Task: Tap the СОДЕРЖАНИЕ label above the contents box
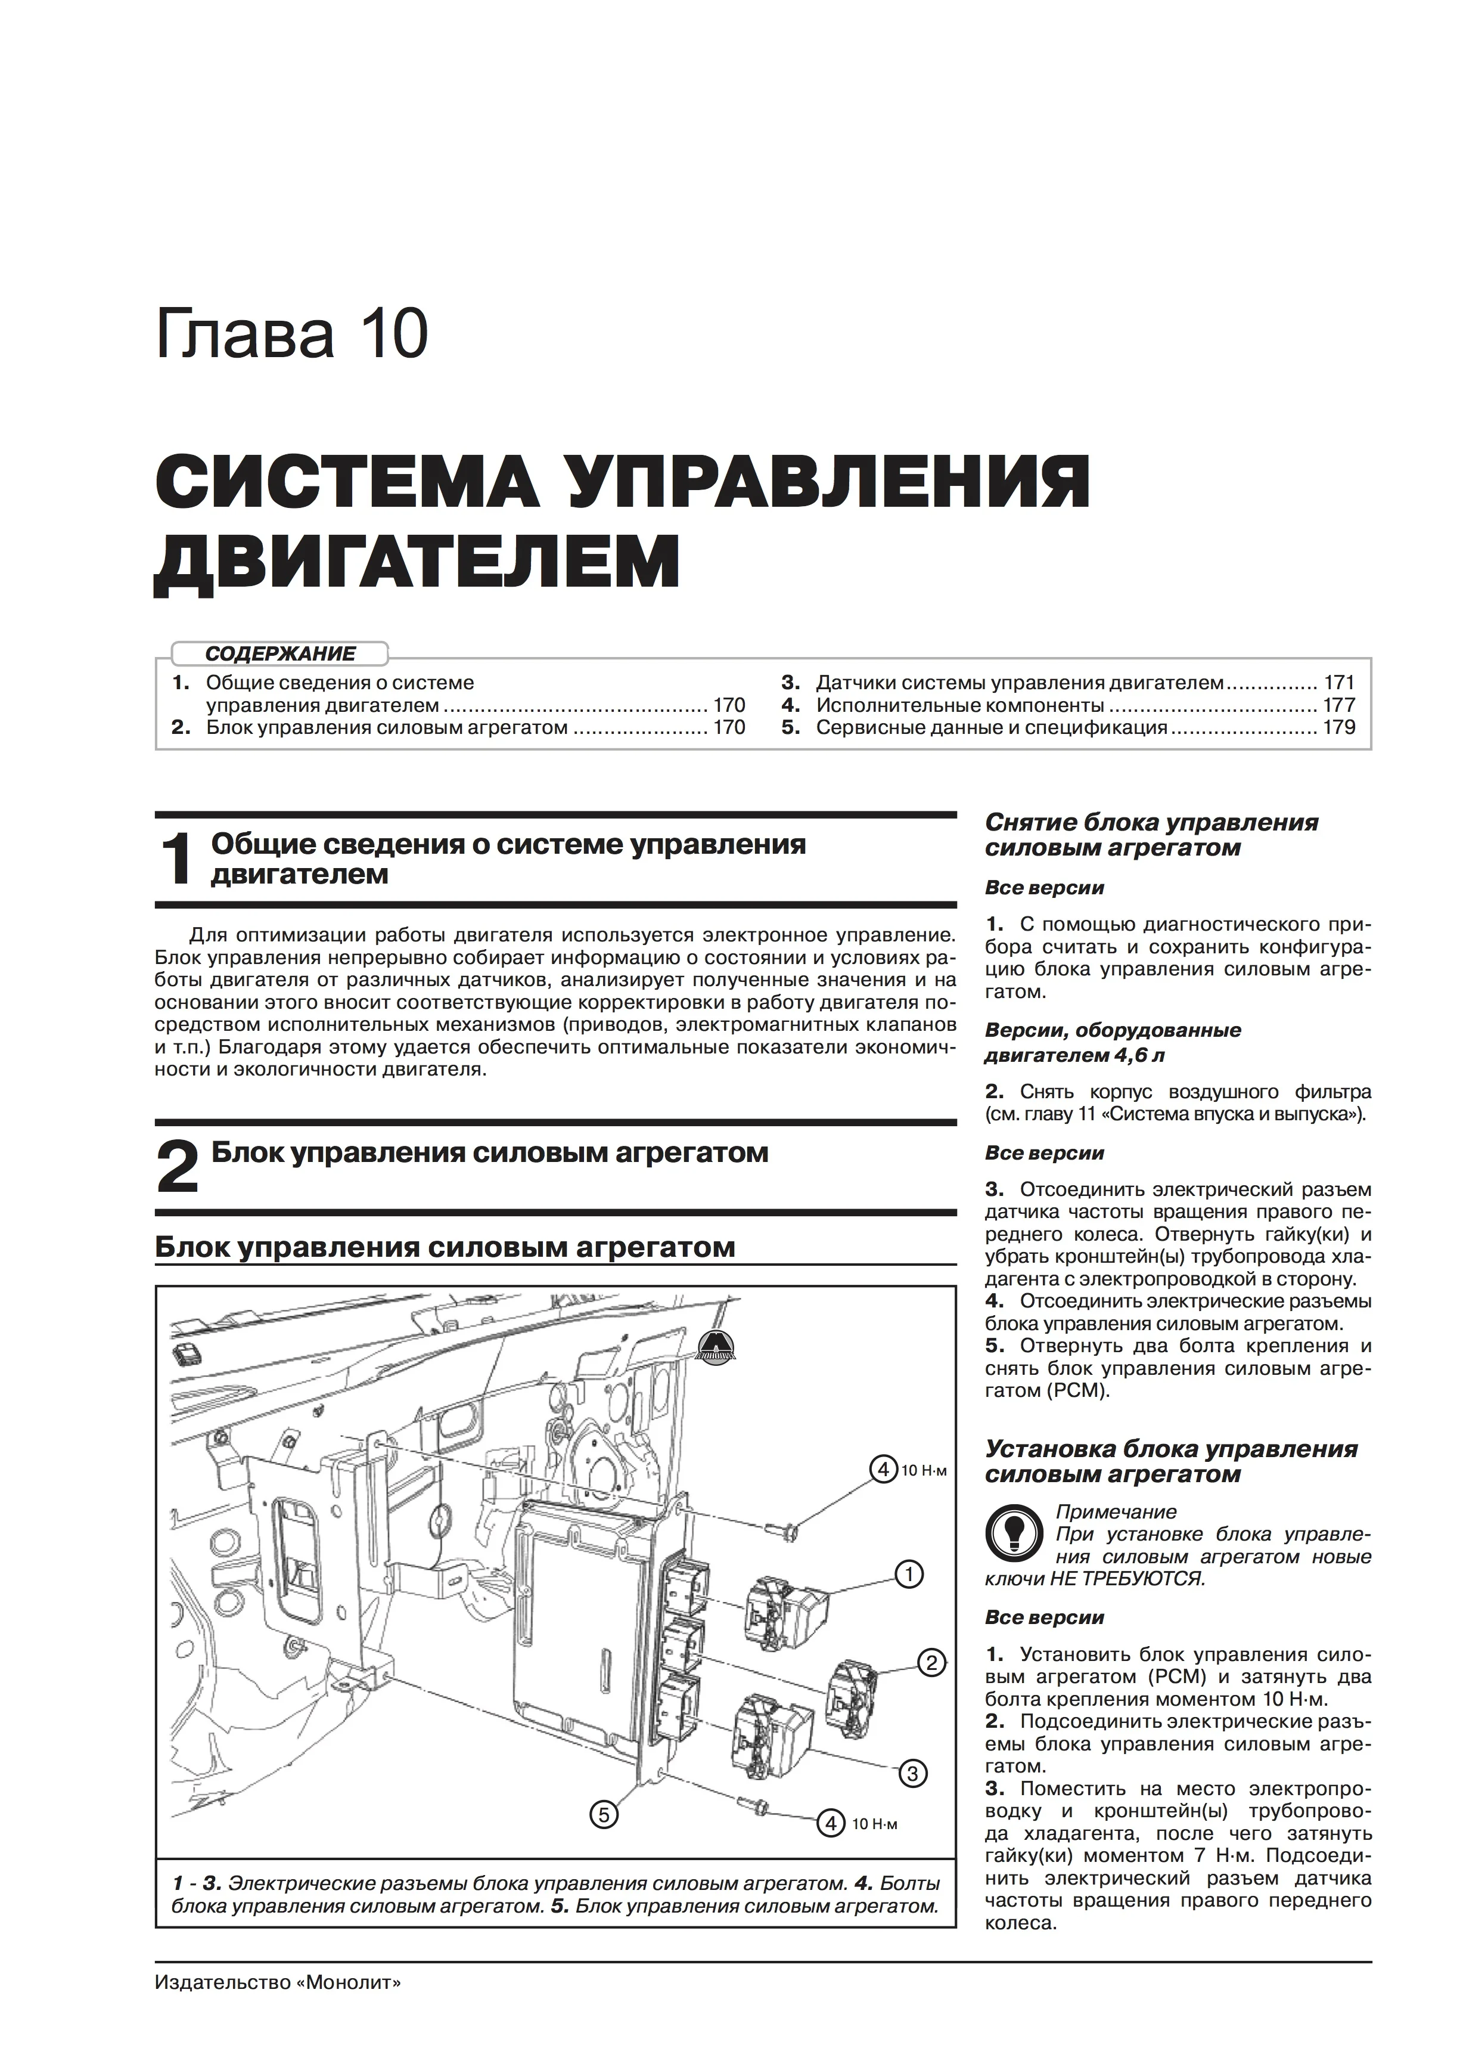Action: click(280, 653)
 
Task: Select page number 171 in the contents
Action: click(1338, 683)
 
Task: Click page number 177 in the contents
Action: click(1338, 706)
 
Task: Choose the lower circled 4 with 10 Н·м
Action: click(830, 1824)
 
